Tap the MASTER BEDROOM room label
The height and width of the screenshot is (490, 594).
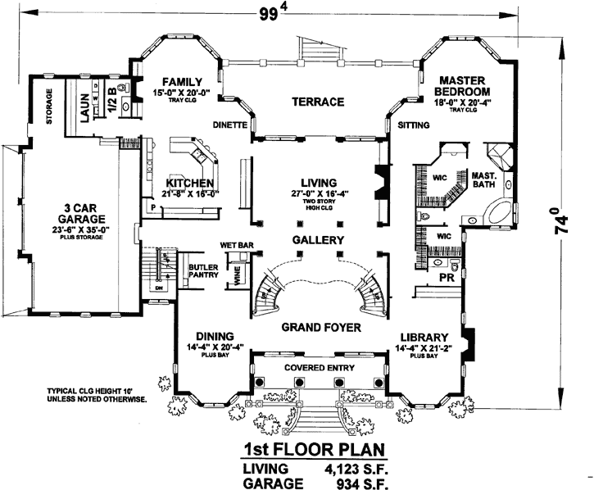(465, 85)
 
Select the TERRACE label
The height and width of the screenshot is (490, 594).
(315, 102)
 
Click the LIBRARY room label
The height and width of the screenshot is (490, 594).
(424, 337)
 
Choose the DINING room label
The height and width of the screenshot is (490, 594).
(215, 336)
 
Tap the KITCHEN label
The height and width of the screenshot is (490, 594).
(190, 182)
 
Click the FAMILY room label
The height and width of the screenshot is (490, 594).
(182, 82)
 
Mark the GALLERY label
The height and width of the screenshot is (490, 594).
(317, 240)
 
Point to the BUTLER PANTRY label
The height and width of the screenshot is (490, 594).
(202, 271)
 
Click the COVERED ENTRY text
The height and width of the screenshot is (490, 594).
(318, 369)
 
